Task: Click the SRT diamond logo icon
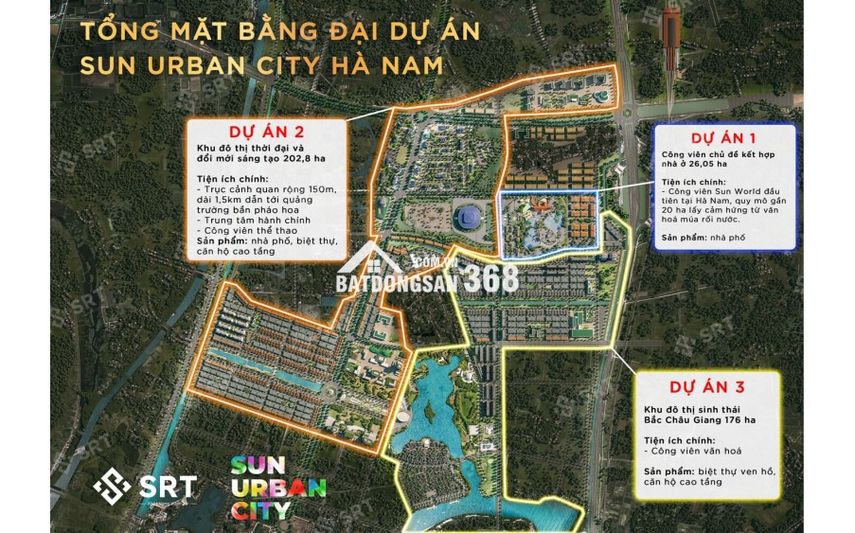point(111,488)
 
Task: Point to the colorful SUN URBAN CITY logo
point(278,488)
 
